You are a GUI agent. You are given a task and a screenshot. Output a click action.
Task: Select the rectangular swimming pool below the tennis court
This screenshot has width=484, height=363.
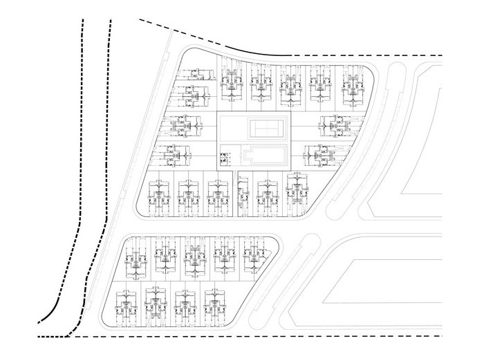coord(261,154)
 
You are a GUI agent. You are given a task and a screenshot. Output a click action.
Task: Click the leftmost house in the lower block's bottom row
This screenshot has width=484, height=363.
coord(124,304)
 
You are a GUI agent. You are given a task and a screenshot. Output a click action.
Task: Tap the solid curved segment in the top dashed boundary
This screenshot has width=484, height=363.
coord(249,48)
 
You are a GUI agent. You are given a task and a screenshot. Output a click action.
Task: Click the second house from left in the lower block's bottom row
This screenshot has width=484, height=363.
coord(155,304)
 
